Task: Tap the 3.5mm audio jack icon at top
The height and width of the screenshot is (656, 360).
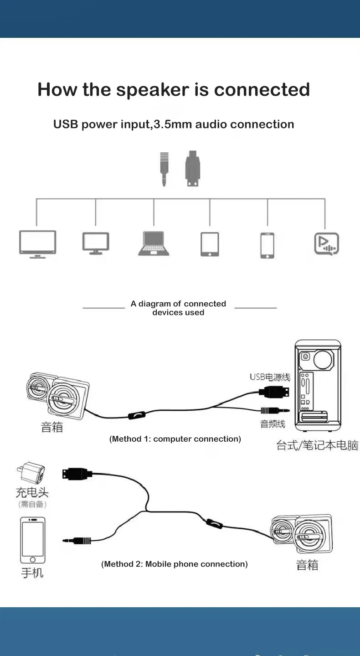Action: [165, 169]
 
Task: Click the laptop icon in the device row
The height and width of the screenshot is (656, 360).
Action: [154, 243]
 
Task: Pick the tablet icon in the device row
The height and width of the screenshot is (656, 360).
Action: [210, 244]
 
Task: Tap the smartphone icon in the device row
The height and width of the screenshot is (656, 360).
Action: [267, 245]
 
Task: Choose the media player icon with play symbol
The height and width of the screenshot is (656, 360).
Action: [326, 244]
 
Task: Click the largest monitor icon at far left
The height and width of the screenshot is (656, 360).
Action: [38, 244]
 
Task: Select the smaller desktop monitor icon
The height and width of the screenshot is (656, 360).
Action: [96, 243]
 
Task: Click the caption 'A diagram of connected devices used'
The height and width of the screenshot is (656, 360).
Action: [178, 308]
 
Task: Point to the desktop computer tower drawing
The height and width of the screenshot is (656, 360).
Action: [318, 385]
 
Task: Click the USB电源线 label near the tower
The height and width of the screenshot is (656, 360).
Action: [270, 377]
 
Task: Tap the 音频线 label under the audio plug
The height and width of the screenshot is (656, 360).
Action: [273, 424]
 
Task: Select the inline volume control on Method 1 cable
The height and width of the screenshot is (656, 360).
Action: [137, 415]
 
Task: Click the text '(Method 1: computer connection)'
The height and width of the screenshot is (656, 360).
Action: [175, 439]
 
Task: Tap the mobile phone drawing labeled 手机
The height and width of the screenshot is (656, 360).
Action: [33, 540]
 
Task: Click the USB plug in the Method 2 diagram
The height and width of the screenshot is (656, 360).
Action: [77, 474]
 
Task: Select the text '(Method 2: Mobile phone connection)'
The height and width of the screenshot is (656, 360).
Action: [175, 564]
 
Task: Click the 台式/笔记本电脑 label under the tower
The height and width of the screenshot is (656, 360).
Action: [317, 445]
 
